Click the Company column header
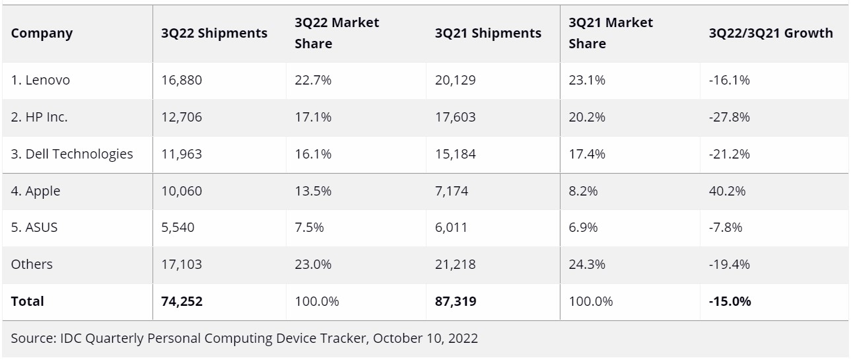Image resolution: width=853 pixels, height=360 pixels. [42, 33]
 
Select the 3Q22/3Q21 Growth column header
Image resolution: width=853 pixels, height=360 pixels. [770, 33]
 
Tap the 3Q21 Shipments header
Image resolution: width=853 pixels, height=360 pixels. [488, 33]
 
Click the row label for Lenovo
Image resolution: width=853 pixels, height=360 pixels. [40, 81]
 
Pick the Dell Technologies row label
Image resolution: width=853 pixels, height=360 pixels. [72, 154]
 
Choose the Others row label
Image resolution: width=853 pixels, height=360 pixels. [32, 264]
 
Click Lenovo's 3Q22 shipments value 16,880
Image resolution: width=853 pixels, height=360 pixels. [182, 81]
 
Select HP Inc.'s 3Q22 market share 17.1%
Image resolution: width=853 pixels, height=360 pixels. [310, 118]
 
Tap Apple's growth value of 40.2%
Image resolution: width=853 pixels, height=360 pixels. [727, 191]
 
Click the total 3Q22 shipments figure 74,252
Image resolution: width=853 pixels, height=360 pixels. [182, 301]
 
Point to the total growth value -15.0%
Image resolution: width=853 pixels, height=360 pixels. [729, 301]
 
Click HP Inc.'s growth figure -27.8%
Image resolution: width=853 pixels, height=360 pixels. [729, 118]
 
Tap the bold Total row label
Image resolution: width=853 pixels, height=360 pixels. [27, 301]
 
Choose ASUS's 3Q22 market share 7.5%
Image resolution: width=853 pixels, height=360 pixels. [306, 227]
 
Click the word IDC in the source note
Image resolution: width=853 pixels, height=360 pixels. [69, 339]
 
